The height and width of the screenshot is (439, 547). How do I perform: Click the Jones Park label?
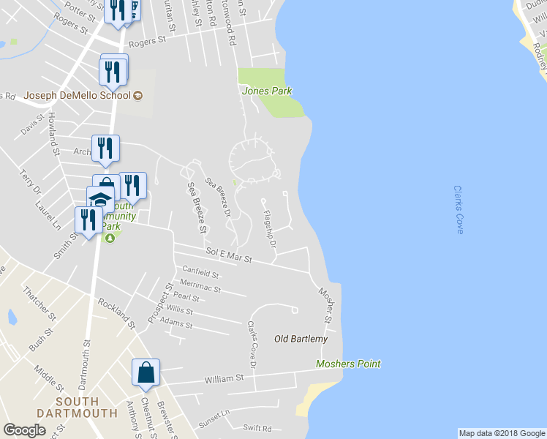coord(267,91)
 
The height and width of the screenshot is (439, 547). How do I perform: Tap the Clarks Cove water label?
coord(459,209)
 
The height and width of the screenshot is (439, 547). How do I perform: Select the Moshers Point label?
coord(348,364)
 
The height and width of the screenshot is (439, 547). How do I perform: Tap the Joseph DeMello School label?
coord(77,94)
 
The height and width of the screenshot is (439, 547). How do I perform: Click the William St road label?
coord(224,378)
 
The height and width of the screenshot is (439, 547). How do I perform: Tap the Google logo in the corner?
coord(24,430)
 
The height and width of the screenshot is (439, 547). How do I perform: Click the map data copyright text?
coord(502,433)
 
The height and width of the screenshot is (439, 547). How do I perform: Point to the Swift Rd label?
coord(257,428)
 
